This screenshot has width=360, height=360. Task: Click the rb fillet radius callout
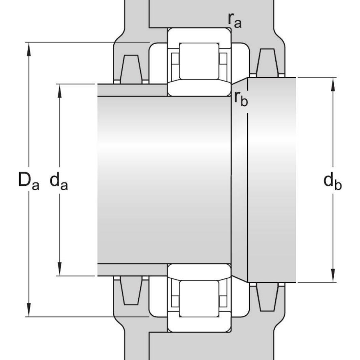point(241,98)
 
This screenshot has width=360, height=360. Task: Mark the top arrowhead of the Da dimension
point(29,47)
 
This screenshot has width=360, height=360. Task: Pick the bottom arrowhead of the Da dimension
point(29,312)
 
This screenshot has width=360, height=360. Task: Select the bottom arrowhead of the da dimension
point(60,271)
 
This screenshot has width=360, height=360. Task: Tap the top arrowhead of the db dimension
point(333,83)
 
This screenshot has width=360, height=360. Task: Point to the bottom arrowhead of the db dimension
point(333,277)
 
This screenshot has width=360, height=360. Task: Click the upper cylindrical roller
point(199,61)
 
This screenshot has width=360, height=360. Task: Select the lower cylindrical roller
point(199,298)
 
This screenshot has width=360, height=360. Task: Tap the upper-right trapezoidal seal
point(267,63)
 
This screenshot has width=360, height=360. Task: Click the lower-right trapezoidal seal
point(267,297)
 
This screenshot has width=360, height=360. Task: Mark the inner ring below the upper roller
point(199,89)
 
